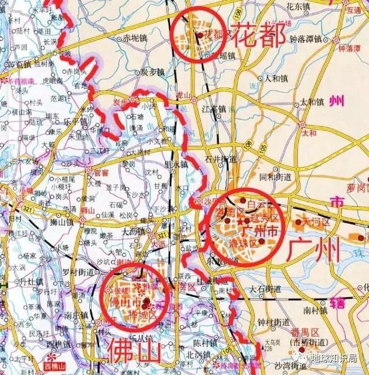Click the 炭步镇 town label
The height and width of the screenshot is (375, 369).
tap(152, 71)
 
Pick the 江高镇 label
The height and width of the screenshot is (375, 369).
tap(214, 109)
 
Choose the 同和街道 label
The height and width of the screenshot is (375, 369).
tap(275, 176)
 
